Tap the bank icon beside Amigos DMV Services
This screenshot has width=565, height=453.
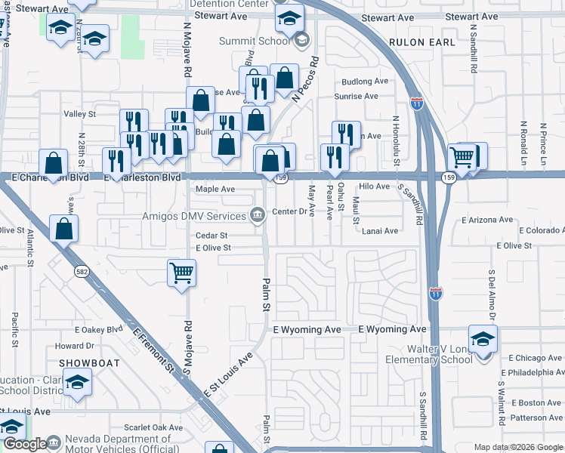tap(258, 216)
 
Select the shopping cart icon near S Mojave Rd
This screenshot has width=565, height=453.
tap(181, 273)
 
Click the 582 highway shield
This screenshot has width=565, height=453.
tap(79, 270)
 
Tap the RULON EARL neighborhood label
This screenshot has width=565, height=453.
tap(422, 42)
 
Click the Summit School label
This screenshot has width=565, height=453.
tap(255, 41)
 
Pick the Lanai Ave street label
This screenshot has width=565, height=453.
tap(379, 230)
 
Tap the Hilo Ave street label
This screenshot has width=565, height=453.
tap(374, 186)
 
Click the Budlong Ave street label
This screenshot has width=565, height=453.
tap(365, 81)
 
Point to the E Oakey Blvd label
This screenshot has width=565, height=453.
tap(98, 330)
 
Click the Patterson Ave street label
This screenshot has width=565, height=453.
tap(536, 417)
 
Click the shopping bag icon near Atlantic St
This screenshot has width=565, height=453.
tap(64, 227)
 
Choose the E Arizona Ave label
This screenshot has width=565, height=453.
tap(487, 220)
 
